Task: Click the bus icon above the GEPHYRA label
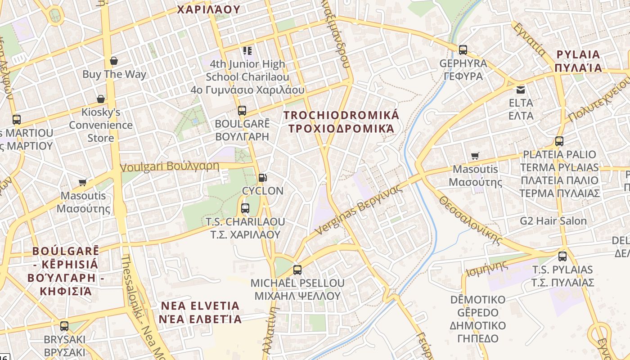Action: [463, 50]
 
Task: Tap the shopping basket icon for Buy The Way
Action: [114, 61]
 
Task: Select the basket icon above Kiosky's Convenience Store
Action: [101, 99]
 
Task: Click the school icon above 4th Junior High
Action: [247, 51]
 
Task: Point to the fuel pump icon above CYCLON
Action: [263, 178]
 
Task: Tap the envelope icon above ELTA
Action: [521, 90]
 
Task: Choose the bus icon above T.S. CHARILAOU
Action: [245, 208]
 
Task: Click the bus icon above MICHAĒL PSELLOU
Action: [297, 270]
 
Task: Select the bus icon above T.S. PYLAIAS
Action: [562, 256]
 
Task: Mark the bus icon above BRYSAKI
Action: [64, 326]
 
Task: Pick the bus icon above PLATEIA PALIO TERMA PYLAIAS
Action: [559, 141]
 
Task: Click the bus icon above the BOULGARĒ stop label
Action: [242, 110]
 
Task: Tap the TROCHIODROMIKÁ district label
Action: [342, 122]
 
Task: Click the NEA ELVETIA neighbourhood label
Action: [201, 313]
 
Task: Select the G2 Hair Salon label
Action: [553, 221]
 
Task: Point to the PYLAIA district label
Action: [578, 61]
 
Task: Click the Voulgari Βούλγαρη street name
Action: [170, 166]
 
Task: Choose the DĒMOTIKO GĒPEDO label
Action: [477, 319]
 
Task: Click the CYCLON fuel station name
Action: [263, 191]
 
